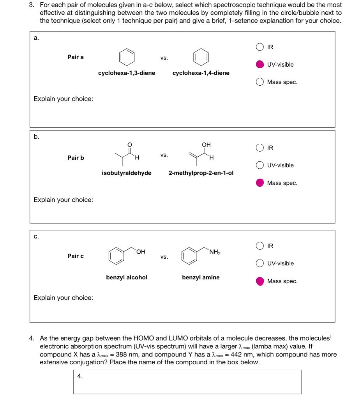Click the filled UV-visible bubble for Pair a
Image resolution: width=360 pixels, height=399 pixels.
pyautogui.click(x=260, y=64)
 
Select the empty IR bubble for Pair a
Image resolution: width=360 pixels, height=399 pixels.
pyautogui.click(x=260, y=47)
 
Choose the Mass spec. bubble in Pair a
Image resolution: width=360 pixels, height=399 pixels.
pyautogui.click(x=260, y=82)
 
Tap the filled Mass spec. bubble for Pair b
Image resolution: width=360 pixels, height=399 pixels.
pyautogui.click(x=260, y=183)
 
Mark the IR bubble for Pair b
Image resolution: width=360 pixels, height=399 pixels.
pyautogui.click(x=260, y=148)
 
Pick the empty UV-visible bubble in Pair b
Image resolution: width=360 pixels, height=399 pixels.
pyautogui.click(x=260, y=165)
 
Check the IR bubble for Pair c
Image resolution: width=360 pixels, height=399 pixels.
pyautogui.click(x=260, y=246)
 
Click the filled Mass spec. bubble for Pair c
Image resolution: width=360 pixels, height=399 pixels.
pyautogui.click(x=260, y=281)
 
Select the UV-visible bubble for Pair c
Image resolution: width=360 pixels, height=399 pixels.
pyautogui.click(x=260, y=263)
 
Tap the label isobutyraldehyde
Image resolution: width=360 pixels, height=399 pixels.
pyautogui.click(x=127, y=173)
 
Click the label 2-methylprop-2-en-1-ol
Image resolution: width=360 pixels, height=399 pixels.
pyautogui.click(x=201, y=173)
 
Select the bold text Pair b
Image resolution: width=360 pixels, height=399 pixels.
pyautogui.click(x=76, y=158)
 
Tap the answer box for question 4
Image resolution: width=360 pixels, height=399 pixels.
pyautogui.click(x=187, y=382)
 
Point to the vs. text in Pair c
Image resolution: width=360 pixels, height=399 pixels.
pyautogui.click(x=164, y=257)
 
